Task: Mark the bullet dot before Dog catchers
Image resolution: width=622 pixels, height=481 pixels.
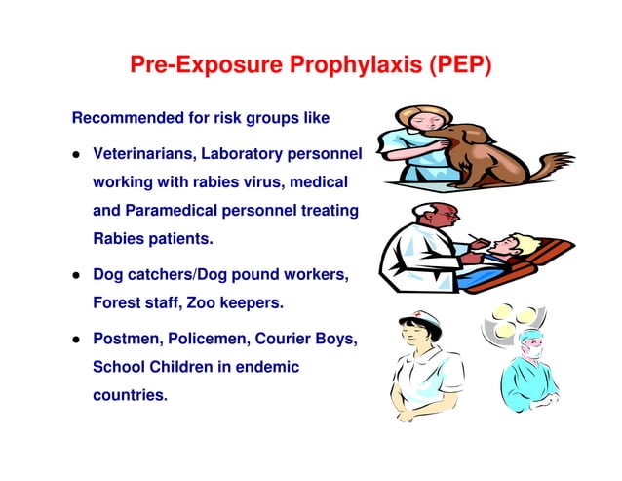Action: (x=75, y=276)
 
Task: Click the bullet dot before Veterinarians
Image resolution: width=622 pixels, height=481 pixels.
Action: (x=75, y=155)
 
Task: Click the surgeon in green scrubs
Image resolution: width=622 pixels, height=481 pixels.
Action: (x=530, y=376)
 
